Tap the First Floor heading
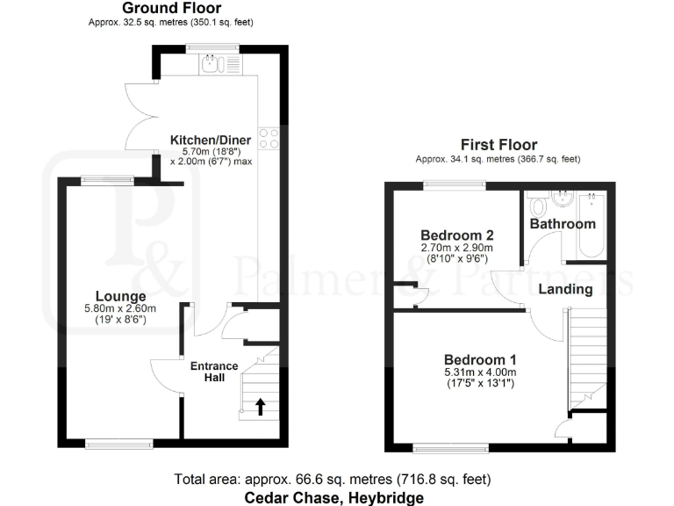(498, 145)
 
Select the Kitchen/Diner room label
(210, 140)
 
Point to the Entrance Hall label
(214, 372)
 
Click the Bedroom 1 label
(479, 359)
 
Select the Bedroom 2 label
(456, 235)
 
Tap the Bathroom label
(563, 224)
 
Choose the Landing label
(564, 289)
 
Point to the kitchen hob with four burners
(268, 140)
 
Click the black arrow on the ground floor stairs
(260, 406)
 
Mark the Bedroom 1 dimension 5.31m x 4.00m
(479, 372)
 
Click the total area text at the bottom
(333, 480)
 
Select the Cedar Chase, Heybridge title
(333, 497)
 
